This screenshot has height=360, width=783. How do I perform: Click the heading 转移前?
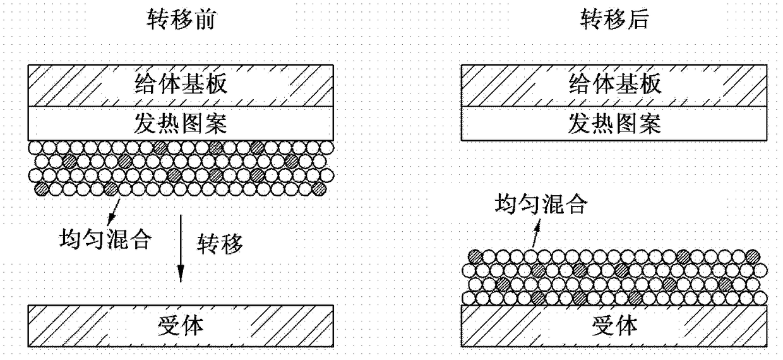[x=181, y=19]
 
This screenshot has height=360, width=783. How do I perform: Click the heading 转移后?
[x=615, y=19]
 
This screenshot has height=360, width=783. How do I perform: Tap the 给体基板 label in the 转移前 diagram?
[x=181, y=84]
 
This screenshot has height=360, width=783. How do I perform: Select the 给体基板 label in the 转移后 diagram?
[x=615, y=84]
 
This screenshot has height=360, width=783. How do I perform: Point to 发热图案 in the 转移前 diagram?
[x=181, y=124]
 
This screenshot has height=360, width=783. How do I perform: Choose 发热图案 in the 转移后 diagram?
[x=615, y=124]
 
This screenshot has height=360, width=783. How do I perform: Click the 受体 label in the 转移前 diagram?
[x=181, y=326]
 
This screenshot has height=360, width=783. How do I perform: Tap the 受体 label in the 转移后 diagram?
[x=615, y=326]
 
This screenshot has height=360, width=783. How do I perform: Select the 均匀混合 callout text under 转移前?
[x=106, y=239]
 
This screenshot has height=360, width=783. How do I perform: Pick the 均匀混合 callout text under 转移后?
[x=541, y=204]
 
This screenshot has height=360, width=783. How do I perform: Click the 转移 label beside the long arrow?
[x=220, y=244]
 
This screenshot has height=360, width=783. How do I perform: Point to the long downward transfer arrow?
[x=181, y=248]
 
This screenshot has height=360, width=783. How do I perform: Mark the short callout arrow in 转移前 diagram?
[x=114, y=212]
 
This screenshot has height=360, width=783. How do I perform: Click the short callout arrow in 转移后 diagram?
[x=536, y=234]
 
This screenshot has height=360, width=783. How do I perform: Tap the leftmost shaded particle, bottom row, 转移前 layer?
[x=42, y=189]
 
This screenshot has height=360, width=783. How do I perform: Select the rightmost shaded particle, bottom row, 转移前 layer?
[x=319, y=189]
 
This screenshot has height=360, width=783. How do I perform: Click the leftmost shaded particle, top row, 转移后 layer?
[x=475, y=257]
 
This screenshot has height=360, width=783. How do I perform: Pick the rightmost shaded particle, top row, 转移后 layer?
[x=753, y=257]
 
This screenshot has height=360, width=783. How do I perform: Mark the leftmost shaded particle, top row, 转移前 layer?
[x=160, y=148]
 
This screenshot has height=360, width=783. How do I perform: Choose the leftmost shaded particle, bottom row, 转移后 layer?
[x=538, y=298]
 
